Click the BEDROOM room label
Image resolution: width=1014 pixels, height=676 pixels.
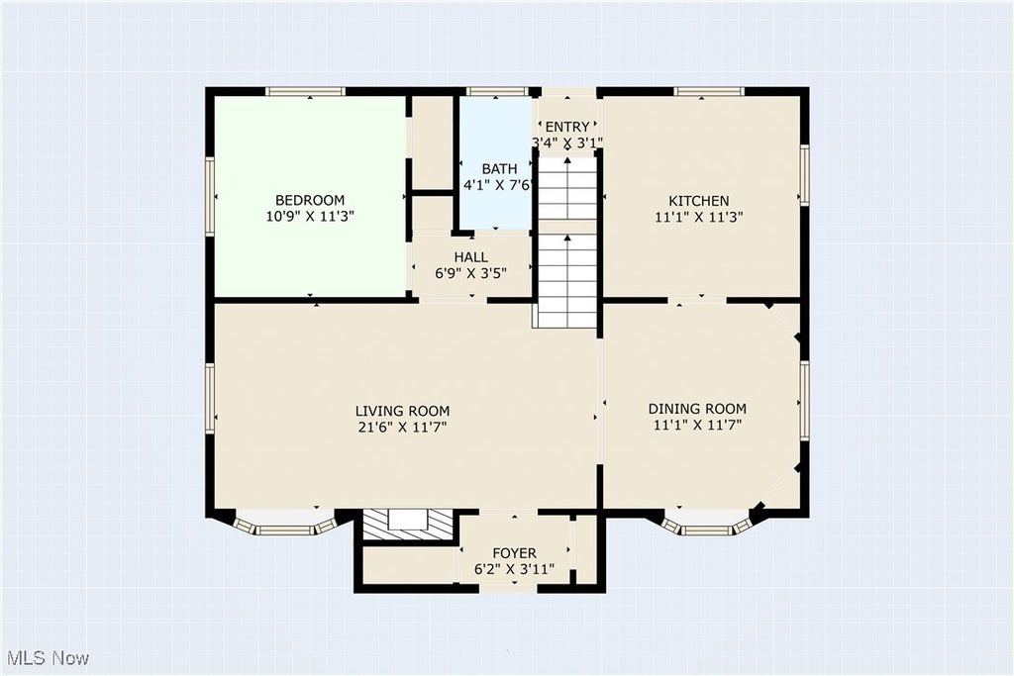coord(310,200)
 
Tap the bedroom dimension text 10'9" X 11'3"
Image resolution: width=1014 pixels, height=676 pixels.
coord(310,217)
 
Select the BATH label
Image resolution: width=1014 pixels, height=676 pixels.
coord(499,169)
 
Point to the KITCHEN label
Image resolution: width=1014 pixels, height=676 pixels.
coord(698,201)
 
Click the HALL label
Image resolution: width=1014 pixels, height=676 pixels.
coord(470,257)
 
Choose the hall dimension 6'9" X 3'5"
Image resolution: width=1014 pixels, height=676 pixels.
coord(470,273)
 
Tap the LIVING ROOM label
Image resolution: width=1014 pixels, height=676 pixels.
coord(402,411)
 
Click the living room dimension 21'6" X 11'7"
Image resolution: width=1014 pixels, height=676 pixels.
coord(402,428)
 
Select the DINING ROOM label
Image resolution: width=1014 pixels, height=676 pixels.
coord(697,409)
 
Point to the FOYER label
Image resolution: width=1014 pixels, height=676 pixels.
coord(514,554)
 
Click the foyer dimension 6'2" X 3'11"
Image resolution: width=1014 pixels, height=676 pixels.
coord(514,570)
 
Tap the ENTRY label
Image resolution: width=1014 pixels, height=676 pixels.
coord(567,127)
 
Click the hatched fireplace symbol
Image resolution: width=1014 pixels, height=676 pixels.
coord(407,525)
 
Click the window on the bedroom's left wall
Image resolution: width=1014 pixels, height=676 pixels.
coord(210,196)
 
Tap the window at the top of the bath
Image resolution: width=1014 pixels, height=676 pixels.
coord(495,92)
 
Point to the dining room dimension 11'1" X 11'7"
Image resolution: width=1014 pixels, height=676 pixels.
coord(697,426)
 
